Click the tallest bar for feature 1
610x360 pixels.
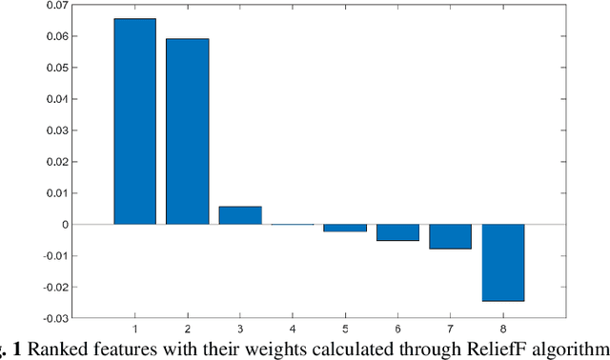click(134, 121)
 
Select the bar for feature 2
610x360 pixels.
click(188, 131)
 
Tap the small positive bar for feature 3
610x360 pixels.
click(240, 215)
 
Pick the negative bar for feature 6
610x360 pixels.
click(397, 232)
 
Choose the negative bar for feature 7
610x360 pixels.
click(450, 236)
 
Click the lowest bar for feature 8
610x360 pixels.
click(502, 262)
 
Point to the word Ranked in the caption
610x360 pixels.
click(60, 349)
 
